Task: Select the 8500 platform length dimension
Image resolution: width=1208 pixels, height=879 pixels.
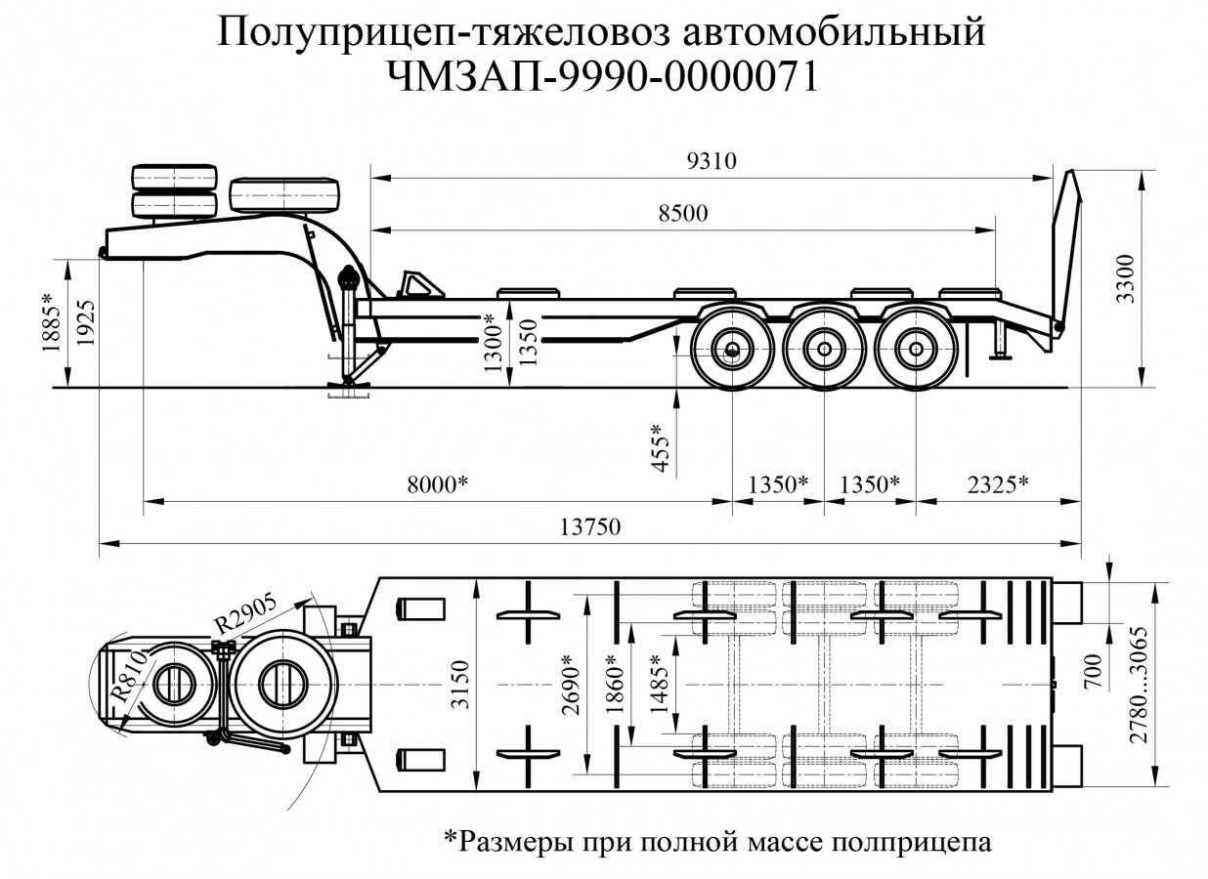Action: click(683, 215)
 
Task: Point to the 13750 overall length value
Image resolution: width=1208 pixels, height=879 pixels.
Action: click(590, 526)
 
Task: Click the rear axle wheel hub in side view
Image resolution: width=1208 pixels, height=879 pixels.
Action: click(915, 349)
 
